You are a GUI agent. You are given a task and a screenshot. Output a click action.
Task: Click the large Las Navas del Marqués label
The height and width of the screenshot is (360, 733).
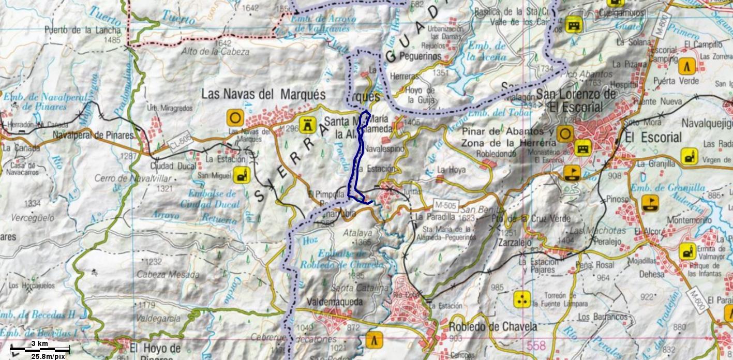click(x=263, y=95)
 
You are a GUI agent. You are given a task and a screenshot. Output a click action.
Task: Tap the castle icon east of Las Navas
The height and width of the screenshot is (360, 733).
click(x=307, y=124)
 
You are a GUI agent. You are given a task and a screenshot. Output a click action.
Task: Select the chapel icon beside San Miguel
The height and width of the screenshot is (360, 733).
click(x=241, y=175)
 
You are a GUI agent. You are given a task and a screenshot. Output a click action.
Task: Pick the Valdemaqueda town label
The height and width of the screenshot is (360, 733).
click(x=334, y=302)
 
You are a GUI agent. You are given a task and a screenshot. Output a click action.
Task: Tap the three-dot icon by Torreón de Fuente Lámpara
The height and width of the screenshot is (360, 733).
click(x=522, y=299)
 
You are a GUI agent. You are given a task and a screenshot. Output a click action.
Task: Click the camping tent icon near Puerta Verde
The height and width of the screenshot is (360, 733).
click(x=687, y=67)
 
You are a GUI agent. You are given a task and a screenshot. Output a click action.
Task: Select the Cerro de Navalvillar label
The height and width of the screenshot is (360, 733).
click(x=126, y=178)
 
